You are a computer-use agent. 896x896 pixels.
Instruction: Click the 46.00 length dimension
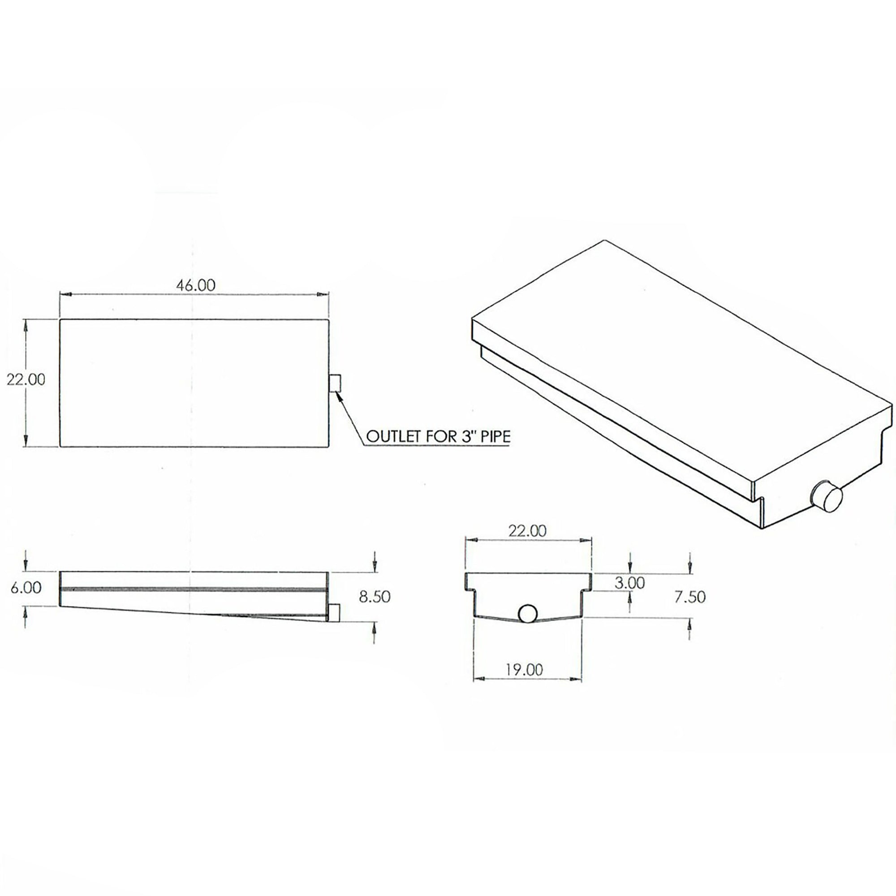coord(195,285)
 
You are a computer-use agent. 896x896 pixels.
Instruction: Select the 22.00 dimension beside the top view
coord(26,379)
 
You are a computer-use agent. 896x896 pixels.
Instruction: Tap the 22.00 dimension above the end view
coord(527,530)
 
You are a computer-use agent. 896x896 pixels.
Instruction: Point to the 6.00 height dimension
coord(26,588)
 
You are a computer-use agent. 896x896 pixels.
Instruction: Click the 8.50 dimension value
coord(375,596)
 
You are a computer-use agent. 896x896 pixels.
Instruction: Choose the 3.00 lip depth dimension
coord(629,583)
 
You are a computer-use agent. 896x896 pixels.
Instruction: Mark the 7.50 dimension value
coord(690,596)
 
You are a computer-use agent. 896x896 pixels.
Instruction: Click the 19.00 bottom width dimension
coord(525,669)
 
